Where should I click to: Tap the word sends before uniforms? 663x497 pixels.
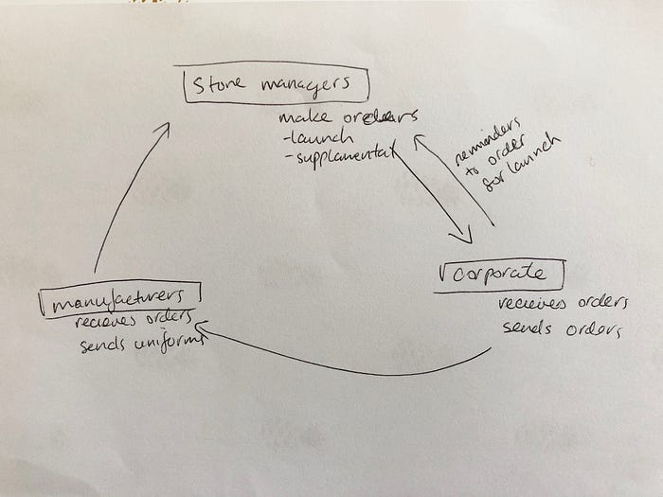coord(101,344)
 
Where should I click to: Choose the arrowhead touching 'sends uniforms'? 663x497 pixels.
coord(204,329)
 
